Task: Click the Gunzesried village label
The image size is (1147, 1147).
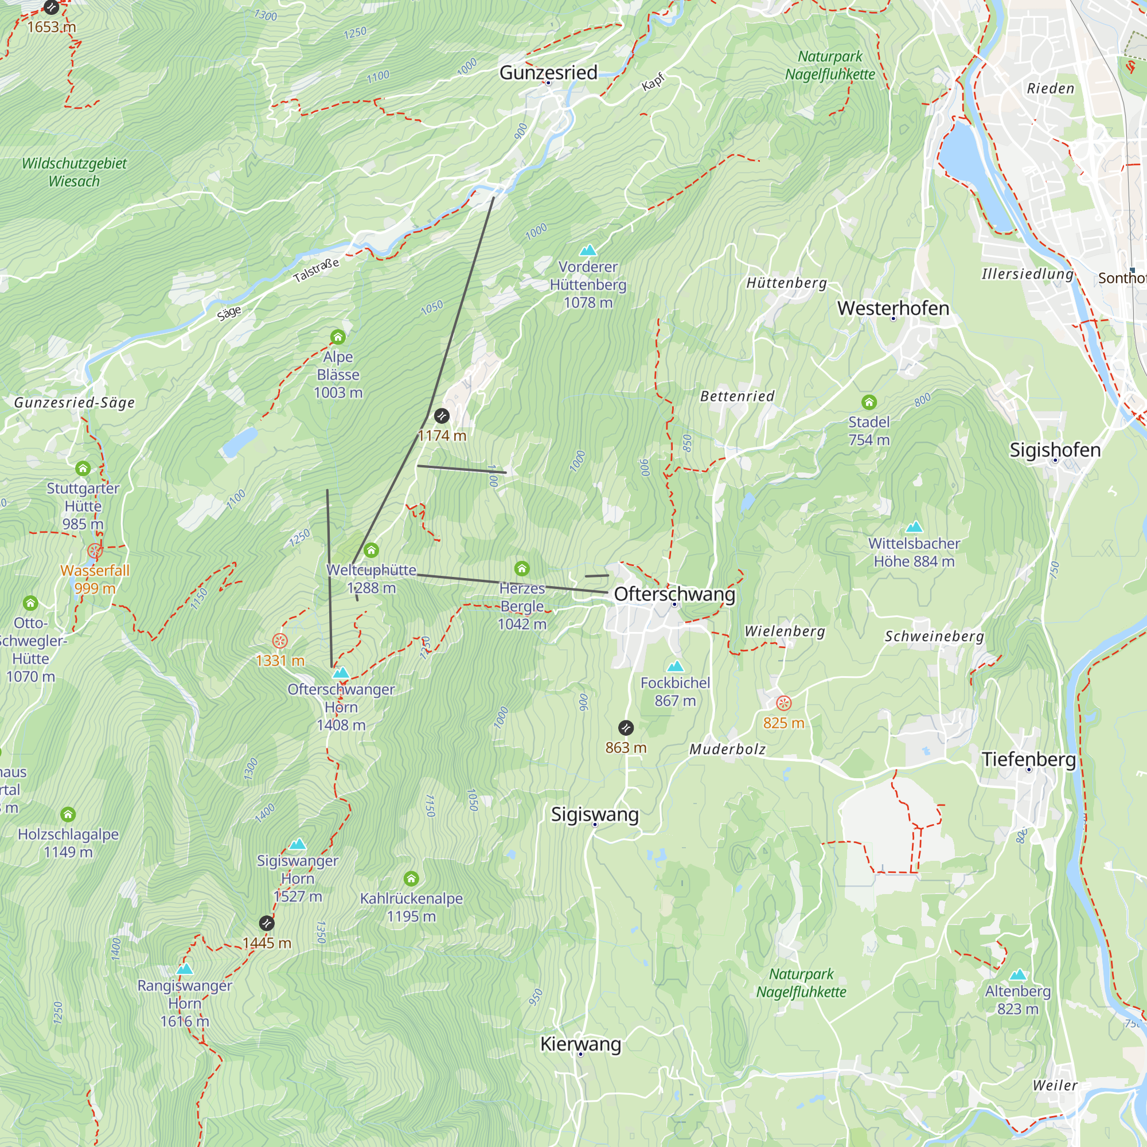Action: pos(548,72)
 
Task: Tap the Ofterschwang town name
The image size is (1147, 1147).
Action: pos(674,594)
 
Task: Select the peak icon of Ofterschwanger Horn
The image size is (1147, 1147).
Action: pos(341,673)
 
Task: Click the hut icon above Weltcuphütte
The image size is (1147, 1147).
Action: pos(371,551)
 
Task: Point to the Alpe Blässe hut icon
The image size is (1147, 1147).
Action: pos(338,337)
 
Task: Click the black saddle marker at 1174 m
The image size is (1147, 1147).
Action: pos(442,416)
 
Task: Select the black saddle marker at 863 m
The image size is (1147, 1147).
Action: pos(626,727)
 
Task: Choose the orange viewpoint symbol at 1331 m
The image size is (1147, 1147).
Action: pos(280,641)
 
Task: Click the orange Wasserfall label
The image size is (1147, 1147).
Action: pos(95,571)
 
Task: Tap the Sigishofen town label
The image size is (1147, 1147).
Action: pos(1055,450)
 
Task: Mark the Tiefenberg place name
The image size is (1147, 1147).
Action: pos(1028,759)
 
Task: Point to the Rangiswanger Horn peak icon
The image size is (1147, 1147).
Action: pos(185,969)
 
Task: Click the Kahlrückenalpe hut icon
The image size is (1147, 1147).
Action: pos(411,878)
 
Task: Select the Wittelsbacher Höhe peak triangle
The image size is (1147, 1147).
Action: pos(914,526)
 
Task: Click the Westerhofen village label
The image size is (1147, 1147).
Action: pos(893,308)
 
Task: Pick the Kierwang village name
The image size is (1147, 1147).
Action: pos(580,1044)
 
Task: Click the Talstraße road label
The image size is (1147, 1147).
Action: pos(317,271)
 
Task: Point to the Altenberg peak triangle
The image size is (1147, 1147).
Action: pos(1017,974)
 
